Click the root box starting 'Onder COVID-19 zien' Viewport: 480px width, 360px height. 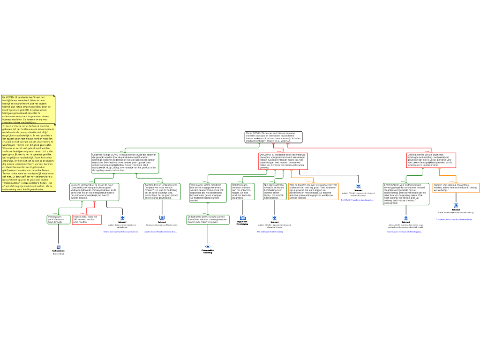(273, 137)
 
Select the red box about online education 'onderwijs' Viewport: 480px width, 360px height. (283, 161)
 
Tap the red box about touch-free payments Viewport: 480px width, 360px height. (431, 160)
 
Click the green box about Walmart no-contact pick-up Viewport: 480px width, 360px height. (406, 194)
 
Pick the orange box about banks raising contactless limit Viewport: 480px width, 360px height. (456, 187)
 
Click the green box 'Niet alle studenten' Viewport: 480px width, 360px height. (274, 191)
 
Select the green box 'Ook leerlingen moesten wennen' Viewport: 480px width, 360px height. (243, 191)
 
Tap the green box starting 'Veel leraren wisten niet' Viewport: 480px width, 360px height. (208, 192)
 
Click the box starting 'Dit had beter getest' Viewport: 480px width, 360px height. (208, 219)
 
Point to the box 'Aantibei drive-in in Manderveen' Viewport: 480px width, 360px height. (162, 191)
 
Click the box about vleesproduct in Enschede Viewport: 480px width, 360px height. (94, 191)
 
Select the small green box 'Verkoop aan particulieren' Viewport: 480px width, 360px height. (59, 219)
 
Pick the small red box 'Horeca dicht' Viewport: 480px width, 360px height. (87, 219)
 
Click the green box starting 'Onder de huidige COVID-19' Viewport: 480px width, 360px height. (125, 163)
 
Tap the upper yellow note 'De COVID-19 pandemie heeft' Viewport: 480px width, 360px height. (28, 109)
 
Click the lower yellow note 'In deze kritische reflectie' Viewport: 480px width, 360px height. (28, 157)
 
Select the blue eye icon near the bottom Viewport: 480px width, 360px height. (208, 246)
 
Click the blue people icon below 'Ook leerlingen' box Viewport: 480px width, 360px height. (243, 217)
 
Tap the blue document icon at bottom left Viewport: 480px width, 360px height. (59, 247)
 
